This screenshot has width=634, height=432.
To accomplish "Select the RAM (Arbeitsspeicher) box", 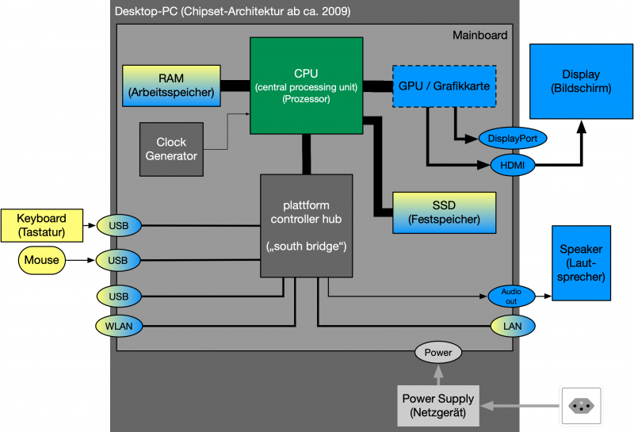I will pyautogui.click(x=171, y=85).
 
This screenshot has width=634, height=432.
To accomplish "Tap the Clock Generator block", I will pyautogui.click(x=171, y=149).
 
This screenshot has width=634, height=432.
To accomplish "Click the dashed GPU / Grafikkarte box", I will pyautogui.click(x=445, y=85).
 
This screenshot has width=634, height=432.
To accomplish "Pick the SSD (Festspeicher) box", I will pyautogui.click(x=445, y=212).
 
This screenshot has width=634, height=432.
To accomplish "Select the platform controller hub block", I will pyautogui.click(x=306, y=226).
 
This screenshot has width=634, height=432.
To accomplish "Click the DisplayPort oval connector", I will pyautogui.click(x=513, y=139).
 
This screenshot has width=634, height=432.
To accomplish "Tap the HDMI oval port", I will pyautogui.click(x=513, y=165).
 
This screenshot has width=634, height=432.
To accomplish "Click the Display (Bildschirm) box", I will pyautogui.click(x=581, y=81).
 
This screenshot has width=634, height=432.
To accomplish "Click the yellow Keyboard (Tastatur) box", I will pyautogui.click(x=41, y=224).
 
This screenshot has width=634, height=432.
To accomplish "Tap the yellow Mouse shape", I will pyautogui.click(x=41, y=259).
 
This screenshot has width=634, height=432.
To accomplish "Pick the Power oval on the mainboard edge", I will pyautogui.click(x=437, y=352).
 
